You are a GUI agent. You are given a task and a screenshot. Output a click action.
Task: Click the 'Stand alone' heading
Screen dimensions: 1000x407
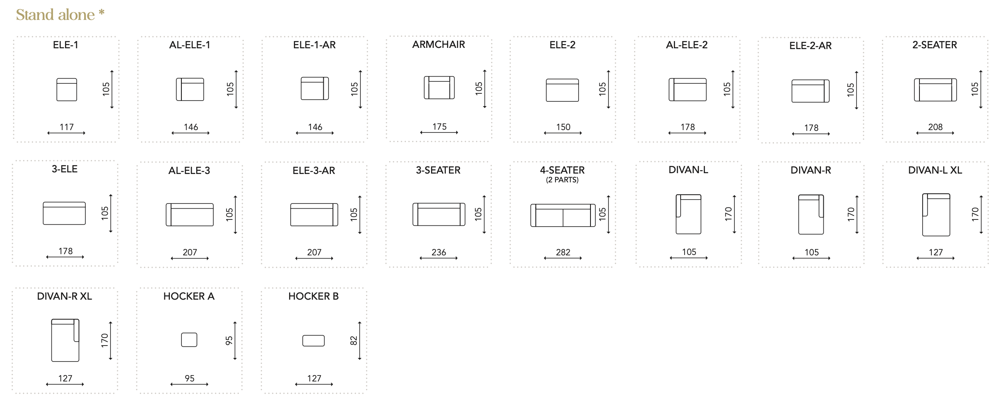(55, 15)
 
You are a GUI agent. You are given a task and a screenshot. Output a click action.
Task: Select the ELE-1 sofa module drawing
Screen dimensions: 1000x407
(67, 89)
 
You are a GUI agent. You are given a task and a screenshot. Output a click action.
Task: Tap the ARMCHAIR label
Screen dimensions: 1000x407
(439, 44)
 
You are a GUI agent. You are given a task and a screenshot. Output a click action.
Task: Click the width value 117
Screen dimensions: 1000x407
(67, 127)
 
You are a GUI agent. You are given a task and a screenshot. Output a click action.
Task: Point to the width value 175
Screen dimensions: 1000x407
(439, 126)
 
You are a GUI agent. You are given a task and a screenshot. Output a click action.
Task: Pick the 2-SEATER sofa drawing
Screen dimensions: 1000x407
(935, 90)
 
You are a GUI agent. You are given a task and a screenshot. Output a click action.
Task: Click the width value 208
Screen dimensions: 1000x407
(935, 127)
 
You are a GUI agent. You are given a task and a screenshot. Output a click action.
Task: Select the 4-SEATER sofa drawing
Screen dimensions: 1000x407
(563, 215)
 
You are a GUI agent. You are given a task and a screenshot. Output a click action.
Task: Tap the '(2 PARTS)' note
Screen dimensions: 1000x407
(562, 180)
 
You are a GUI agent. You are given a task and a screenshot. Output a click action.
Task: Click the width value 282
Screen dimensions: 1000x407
(563, 252)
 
